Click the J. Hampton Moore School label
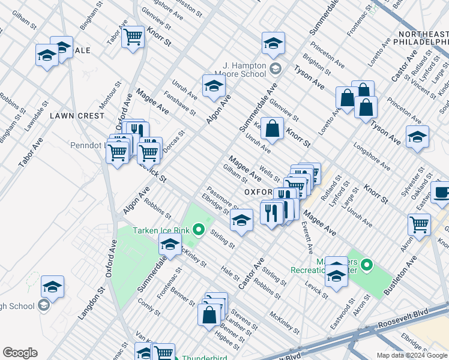(244, 70)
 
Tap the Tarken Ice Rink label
(161, 230)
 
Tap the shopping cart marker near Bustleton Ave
(419, 224)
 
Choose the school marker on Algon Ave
(214, 86)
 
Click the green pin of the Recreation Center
(366, 264)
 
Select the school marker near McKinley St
(170, 245)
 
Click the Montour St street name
(107, 95)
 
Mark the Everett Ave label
(307, 237)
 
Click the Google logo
(20, 353)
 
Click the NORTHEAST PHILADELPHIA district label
(420, 37)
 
